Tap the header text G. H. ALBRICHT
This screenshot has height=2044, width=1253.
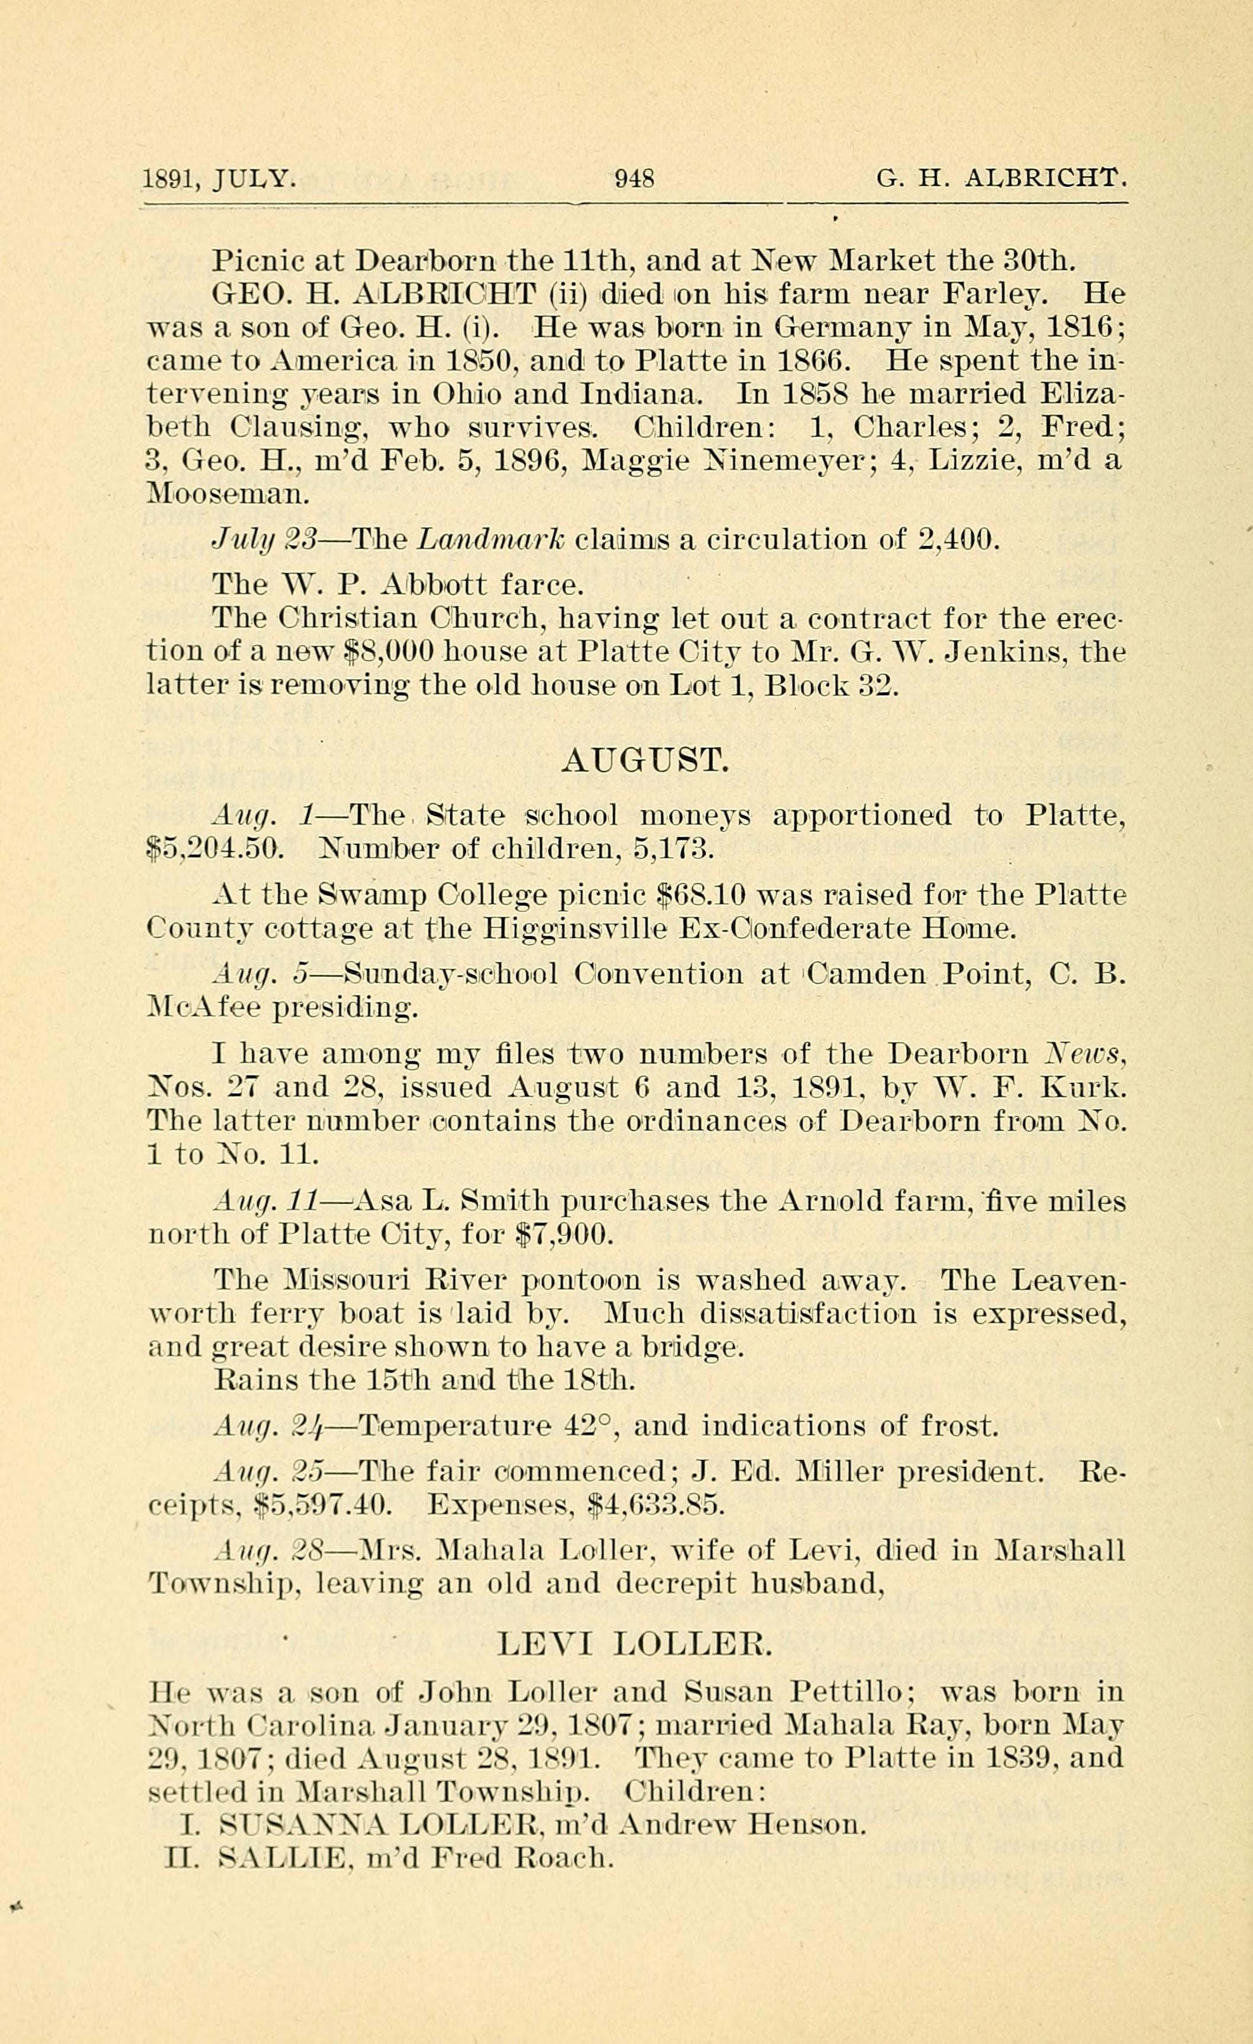pos(1002,178)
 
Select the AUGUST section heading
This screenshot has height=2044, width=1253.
pos(645,760)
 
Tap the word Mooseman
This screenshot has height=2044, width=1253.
pos(227,494)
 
